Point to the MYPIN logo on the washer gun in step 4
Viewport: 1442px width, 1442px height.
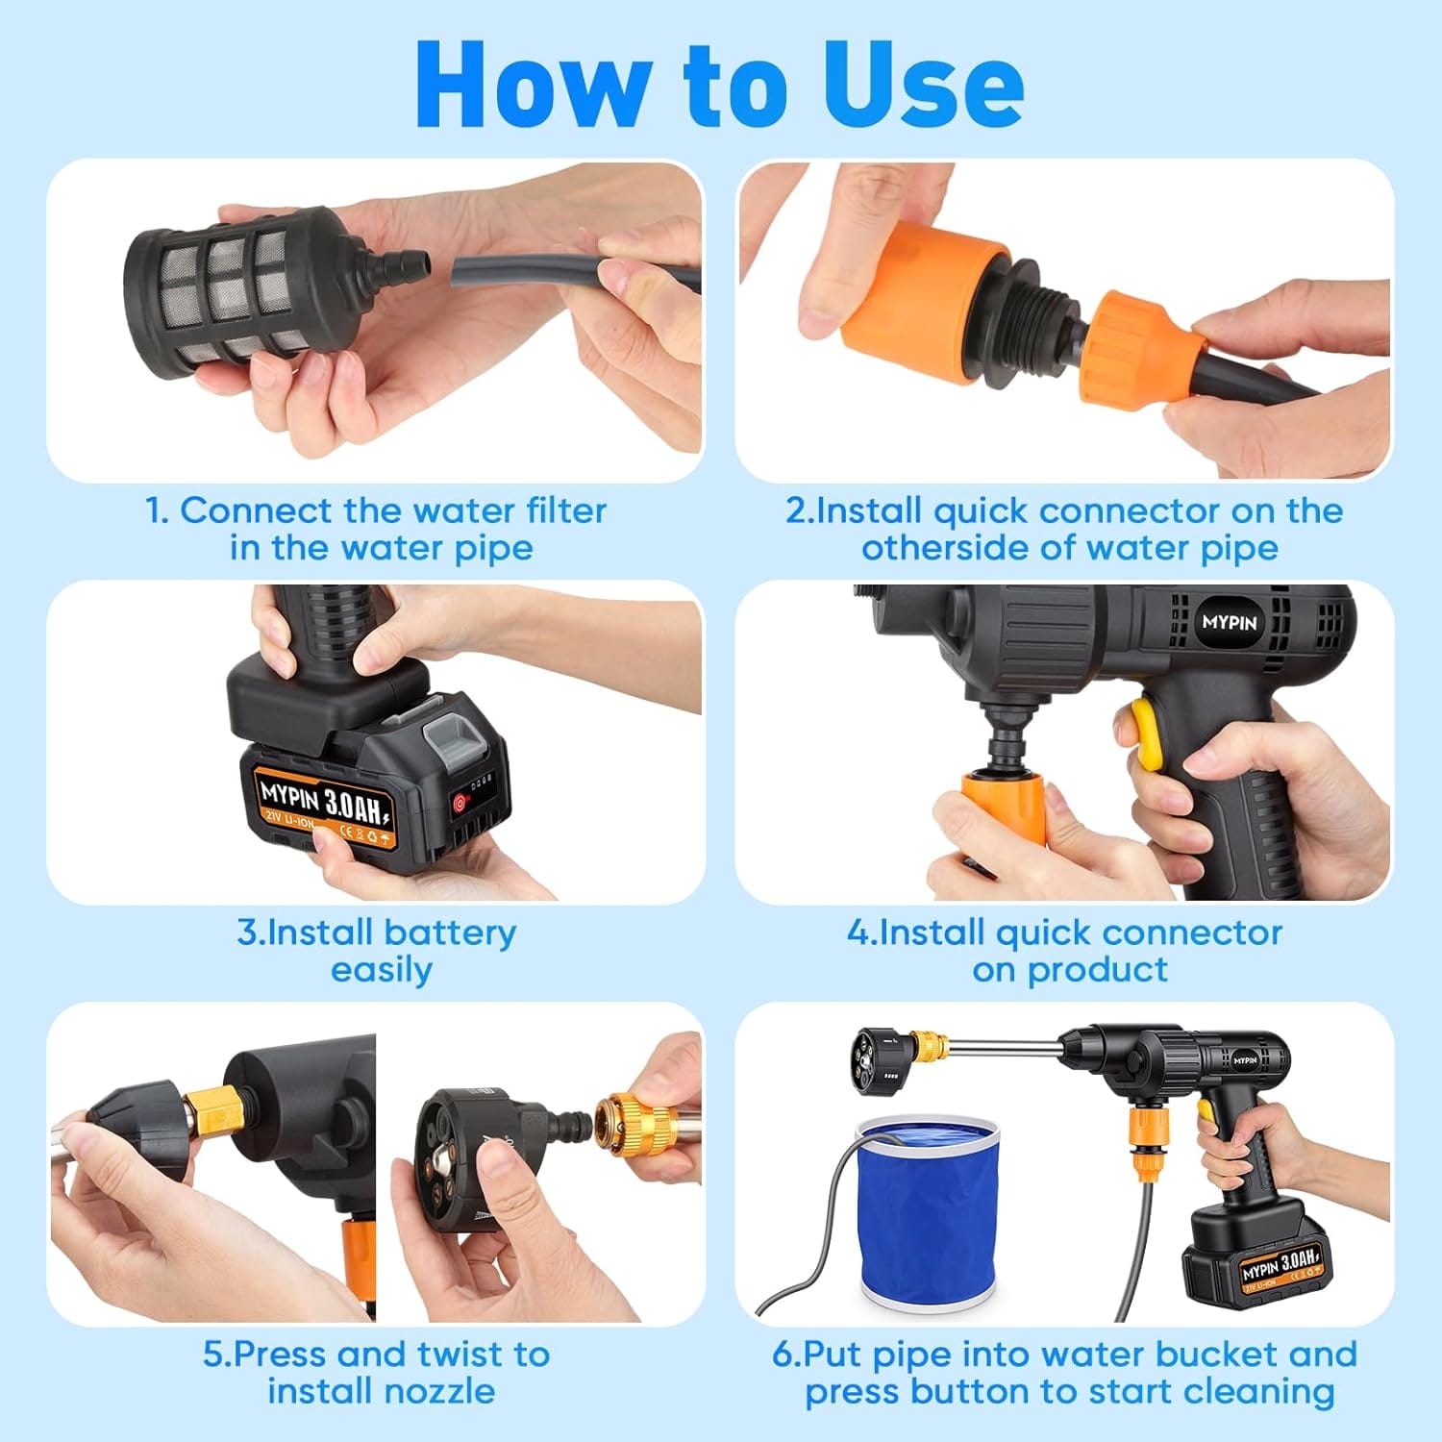click(1229, 622)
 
